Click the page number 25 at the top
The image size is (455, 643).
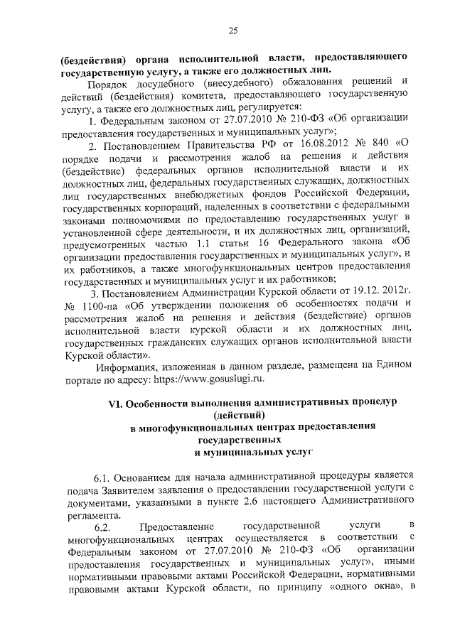(x=232, y=29)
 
